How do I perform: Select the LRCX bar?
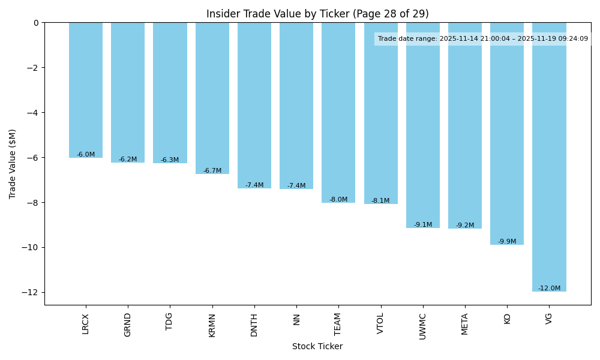click(86, 90)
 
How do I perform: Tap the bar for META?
click(465, 125)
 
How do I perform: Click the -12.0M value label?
click(549, 289)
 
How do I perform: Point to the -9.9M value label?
click(507, 242)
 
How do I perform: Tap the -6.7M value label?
click(212, 171)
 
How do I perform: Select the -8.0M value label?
click(338, 200)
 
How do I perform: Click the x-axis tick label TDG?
click(170, 322)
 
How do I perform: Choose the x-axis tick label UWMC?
click(423, 326)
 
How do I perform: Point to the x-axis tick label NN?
click(296, 319)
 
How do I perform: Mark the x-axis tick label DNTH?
click(254, 325)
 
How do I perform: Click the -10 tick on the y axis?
click(31, 247)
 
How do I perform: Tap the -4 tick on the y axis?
click(34, 113)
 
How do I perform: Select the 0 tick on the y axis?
click(36, 23)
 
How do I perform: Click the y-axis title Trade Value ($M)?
click(13, 164)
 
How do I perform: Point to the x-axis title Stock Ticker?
click(317, 346)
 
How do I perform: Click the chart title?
click(317, 14)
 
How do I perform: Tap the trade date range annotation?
click(483, 39)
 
